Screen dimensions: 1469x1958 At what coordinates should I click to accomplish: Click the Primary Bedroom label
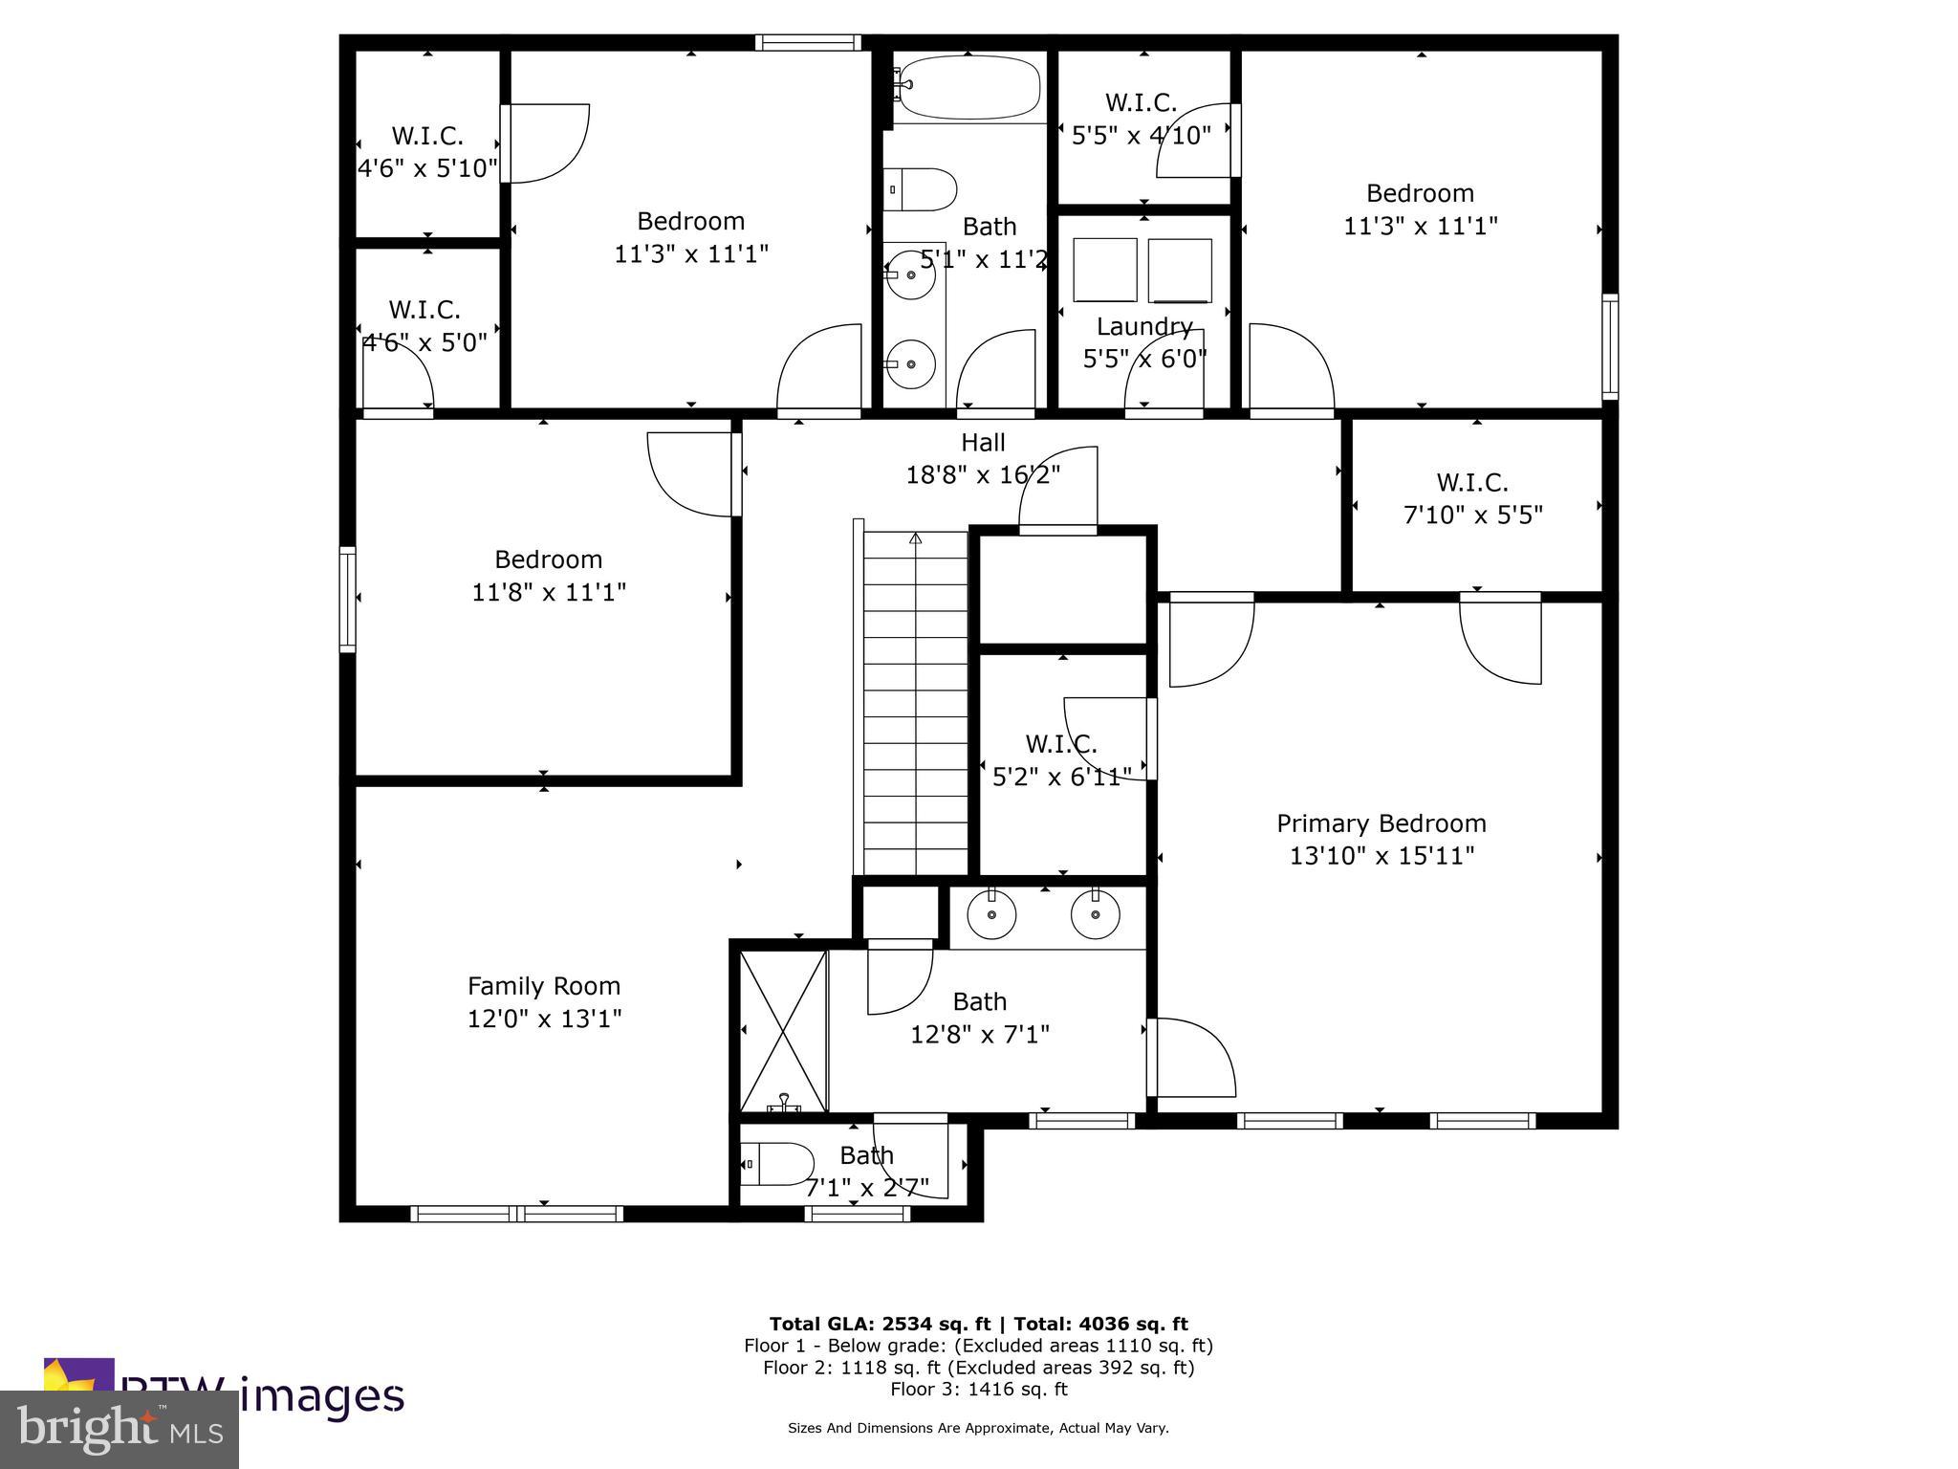(1381, 823)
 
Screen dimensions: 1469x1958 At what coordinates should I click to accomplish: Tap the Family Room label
(543, 986)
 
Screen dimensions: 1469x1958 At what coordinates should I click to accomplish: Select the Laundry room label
(1143, 327)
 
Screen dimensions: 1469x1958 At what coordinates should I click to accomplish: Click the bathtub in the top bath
(968, 87)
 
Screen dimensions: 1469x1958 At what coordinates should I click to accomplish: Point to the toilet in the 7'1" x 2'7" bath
(777, 1164)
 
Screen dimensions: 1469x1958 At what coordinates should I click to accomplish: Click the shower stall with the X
(783, 1030)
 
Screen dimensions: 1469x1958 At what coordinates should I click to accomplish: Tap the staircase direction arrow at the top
(915, 538)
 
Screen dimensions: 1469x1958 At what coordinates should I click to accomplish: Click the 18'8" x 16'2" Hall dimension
(983, 474)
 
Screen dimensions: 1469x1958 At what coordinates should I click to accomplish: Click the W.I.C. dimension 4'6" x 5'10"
(427, 169)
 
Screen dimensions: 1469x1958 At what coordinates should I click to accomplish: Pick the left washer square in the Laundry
(1104, 270)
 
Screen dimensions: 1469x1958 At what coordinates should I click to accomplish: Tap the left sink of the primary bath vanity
(991, 914)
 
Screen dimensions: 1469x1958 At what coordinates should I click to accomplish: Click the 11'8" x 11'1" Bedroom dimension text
(548, 592)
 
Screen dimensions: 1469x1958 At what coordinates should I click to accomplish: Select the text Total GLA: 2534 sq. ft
(880, 1324)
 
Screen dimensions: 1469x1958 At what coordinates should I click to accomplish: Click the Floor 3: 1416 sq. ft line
(978, 1389)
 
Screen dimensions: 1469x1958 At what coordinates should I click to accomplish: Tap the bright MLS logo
(119, 1430)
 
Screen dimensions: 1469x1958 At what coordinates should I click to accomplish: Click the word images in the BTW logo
(321, 1396)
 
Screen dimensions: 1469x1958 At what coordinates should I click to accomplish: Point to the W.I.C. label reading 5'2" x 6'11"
(1061, 743)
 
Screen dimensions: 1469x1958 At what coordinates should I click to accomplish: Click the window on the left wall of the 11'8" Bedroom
(348, 600)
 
